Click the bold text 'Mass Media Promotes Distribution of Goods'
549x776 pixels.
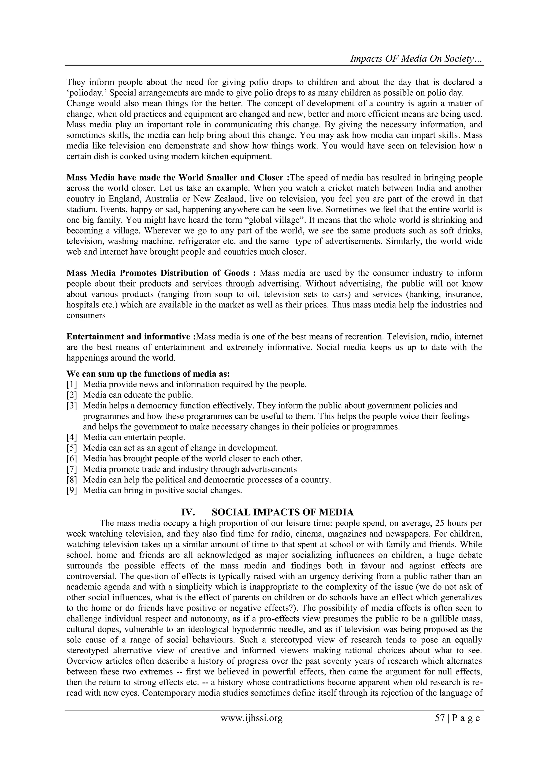tap(158, 273)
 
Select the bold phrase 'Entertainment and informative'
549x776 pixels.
tap(128, 337)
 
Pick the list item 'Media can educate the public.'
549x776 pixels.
tap(138, 395)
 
